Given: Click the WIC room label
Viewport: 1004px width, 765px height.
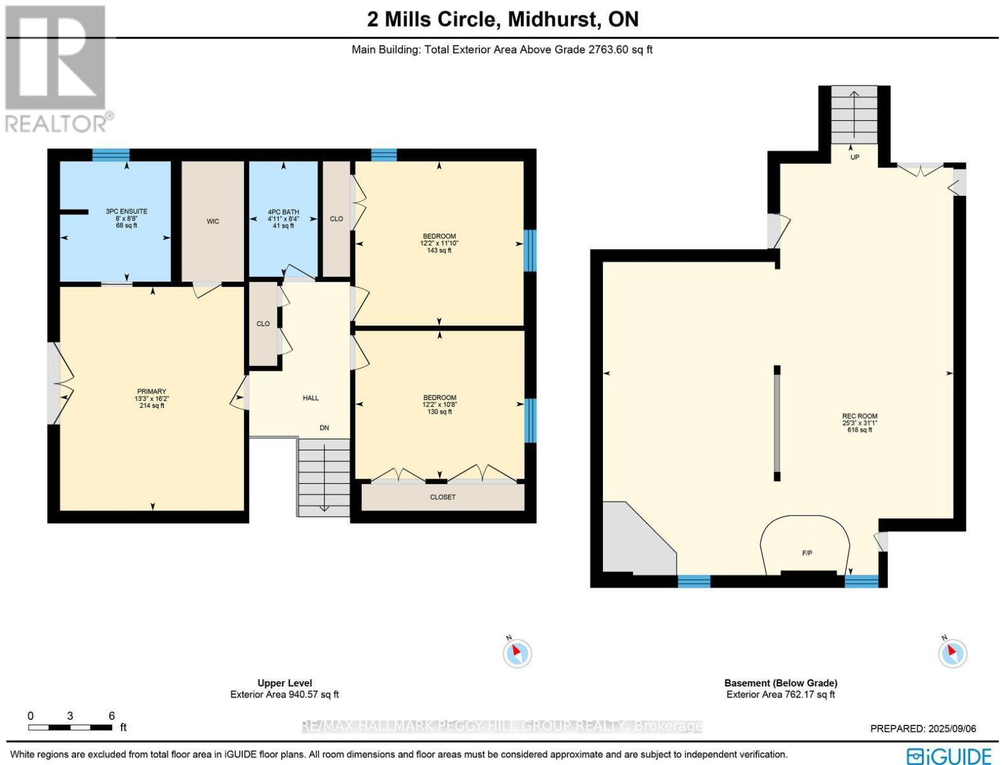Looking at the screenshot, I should pyautogui.click(x=213, y=222).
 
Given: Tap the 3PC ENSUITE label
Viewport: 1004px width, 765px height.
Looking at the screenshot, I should pyautogui.click(x=126, y=211).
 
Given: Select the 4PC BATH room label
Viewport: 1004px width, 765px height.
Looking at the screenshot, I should pyautogui.click(x=283, y=212).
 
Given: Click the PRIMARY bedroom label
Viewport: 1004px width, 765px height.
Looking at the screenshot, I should pyautogui.click(x=152, y=391).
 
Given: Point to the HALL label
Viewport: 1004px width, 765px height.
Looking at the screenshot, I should pyautogui.click(x=310, y=398).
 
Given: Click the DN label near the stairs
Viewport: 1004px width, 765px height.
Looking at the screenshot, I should pyautogui.click(x=324, y=428).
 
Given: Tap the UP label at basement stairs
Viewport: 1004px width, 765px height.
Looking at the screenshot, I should pyautogui.click(x=855, y=157).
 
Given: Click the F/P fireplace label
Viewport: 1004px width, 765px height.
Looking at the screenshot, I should pyautogui.click(x=807, y=553).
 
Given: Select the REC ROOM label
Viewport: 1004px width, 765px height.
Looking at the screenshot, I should pyautogui.click(x=859, y=416).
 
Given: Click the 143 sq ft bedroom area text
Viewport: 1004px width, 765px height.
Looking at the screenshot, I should pyautogui.click(x=439, y=251).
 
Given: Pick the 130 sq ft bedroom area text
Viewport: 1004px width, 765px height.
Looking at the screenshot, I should pyautogui.click(x=439, y=412).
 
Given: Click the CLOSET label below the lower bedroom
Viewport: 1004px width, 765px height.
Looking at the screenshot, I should pyautogui.click(x=443, y=497).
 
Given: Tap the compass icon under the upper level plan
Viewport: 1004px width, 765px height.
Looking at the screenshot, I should pyautogui.click(x=517, y=653).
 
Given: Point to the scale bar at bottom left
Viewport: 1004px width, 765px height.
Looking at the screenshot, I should pyautogui.click(x=70, y=727).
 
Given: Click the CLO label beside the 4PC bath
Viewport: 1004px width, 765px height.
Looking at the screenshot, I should pyautogui.click(x=336, y=219).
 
